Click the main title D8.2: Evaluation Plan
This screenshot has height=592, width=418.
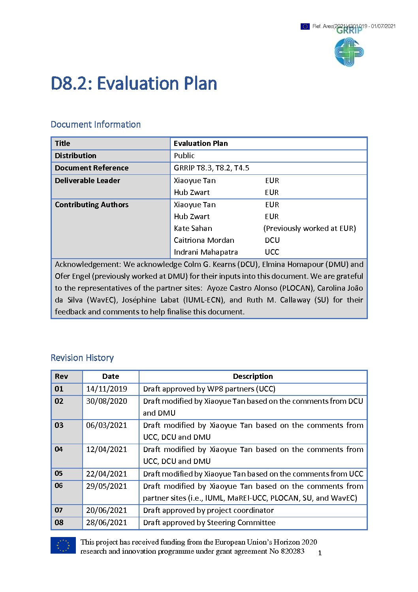tap(134, 83)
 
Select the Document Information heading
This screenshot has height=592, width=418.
tap(96, 124)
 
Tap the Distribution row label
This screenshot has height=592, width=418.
tap(75, 155)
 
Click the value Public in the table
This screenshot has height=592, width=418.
tap(184, 155)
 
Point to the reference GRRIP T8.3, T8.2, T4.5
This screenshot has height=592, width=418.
tap(211, 168)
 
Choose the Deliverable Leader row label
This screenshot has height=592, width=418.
tap(87, 180)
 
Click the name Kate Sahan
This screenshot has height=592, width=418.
tap(193, 228)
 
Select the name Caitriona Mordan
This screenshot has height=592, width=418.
tap(204, 240)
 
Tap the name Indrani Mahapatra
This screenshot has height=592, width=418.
tap(206, 252)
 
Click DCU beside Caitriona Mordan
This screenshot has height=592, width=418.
tap(272, 240)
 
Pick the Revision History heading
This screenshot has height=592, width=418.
tap(82, 357)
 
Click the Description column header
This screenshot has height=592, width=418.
tap(253, 376)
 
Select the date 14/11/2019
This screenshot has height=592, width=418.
tap(107, 389)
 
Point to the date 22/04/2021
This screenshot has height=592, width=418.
tap(107, 473)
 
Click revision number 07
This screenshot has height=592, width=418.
tap(59, 510)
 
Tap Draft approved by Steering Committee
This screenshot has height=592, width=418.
tap(209, 522)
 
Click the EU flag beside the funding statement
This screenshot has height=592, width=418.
tap(63, 545)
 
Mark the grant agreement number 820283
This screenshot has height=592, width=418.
tap(292, 551)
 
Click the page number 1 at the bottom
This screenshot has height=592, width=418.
tap(320, 553)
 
